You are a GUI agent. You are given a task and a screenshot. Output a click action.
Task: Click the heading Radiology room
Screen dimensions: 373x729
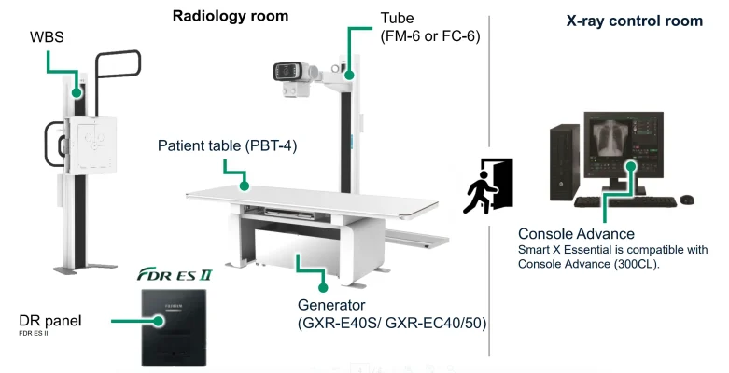[x=231, y=16]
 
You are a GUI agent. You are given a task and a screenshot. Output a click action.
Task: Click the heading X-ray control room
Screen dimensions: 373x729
[x=634, y=21]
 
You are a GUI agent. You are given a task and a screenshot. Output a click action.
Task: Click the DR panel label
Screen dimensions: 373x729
[x=50, y=321]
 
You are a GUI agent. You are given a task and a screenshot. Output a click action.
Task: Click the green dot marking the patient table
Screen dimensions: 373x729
[x=245, y=184]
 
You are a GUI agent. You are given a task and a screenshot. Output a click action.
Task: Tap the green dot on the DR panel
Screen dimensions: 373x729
[x=161, y=320]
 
